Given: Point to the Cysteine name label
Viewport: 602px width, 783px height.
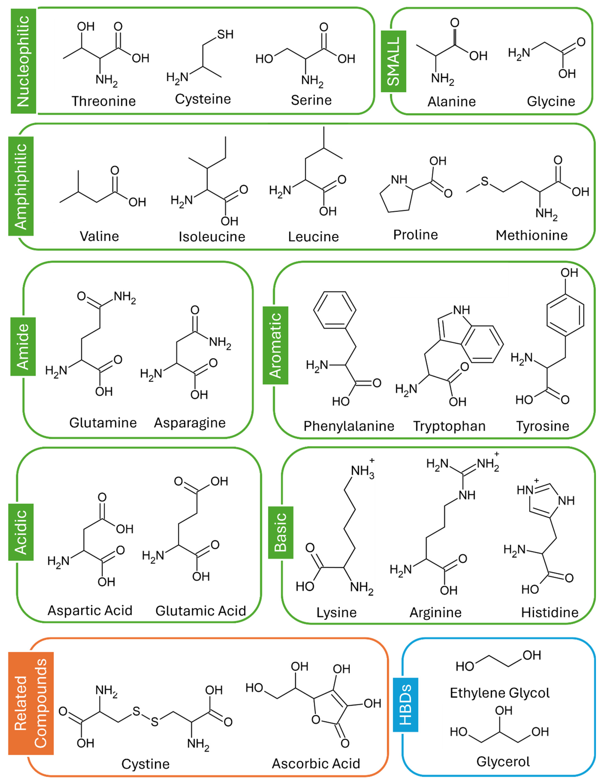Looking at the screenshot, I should click(x=203, y=99).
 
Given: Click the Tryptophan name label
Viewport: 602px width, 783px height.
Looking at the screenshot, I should click(x=449, y=426).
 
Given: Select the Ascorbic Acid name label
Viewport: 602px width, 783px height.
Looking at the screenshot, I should click(x=316, y=763).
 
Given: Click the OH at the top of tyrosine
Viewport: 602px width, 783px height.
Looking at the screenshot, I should click(x=569, y=273).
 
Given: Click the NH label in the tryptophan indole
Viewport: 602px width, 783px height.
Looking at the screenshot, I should click(x=461, y=310).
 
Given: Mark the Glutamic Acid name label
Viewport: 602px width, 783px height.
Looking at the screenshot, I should click(x=201, y=611).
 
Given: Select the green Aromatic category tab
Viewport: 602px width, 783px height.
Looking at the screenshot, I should click(x=275, y=345).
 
